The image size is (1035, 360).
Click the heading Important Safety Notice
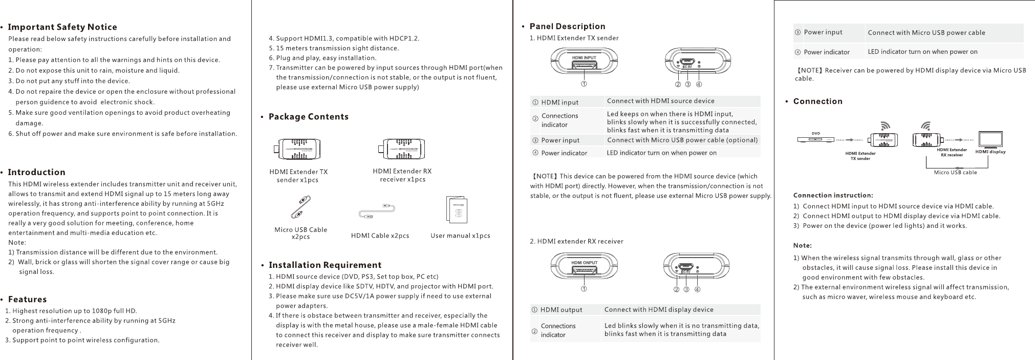click(62, 27)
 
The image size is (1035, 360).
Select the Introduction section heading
click(36, 172)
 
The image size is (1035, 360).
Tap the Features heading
click(27, 300)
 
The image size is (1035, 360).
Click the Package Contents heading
click(308, 117)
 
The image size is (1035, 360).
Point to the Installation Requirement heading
click(325, 265)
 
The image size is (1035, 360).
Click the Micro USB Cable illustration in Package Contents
click(300, 207)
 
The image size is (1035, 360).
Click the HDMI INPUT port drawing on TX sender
click(584, 63)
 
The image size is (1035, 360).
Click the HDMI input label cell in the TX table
click(560, 102)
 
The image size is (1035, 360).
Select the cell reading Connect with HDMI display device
click(658, 310)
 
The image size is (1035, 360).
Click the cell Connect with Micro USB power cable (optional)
click(682, 140)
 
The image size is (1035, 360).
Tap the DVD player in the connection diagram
click(816, 139)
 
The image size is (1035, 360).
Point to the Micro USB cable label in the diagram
click(955, 173)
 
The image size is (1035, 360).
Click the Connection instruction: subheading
click(833, 195)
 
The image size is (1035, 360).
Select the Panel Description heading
click(567, 27)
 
